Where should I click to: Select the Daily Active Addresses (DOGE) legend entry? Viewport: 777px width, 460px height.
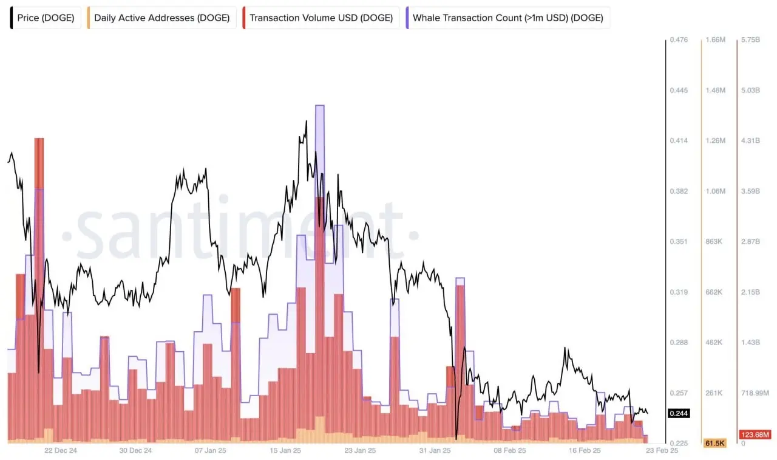point(161,18)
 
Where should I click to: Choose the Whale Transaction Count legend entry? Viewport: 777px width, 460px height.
point(507,18)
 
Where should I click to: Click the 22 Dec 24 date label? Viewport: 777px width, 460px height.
point(61,450)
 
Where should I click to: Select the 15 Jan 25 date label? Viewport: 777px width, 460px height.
point(285,450)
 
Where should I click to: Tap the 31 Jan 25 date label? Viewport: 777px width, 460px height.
point(436,450)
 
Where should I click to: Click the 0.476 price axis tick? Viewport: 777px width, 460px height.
point(678,40)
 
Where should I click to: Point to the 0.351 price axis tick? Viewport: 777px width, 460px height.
point(678,242)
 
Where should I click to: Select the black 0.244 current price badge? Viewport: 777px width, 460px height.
point(678,413)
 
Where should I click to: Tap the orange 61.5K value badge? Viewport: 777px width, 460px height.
point(715,443)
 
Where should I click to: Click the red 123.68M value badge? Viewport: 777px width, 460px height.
point(755,434)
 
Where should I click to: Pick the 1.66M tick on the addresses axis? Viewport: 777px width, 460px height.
point(715,40)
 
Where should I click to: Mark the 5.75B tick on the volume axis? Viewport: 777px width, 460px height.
point(750,40)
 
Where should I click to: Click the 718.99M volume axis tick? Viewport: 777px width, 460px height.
point(754,393)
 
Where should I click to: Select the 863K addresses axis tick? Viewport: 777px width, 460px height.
point(715,242)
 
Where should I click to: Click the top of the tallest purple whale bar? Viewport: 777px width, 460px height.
point(320,106)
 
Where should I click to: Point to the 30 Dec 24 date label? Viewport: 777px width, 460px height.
point(136,450)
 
